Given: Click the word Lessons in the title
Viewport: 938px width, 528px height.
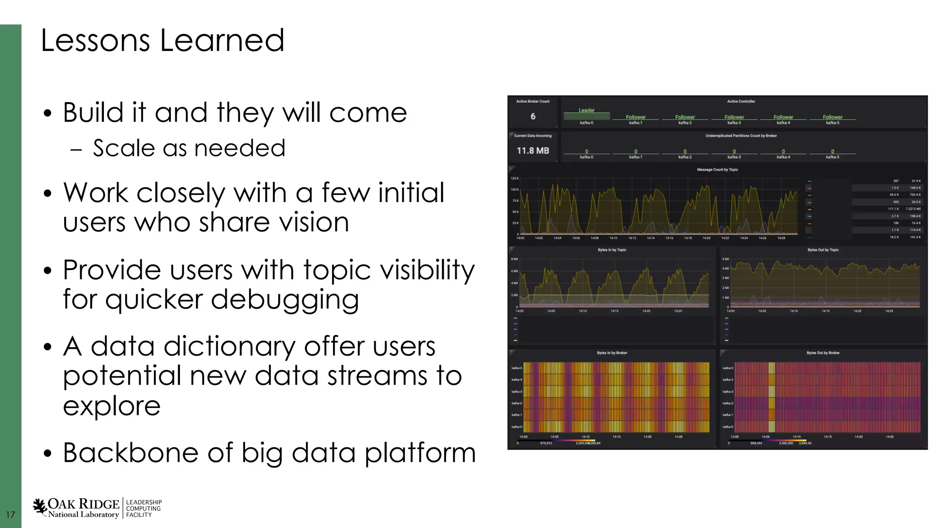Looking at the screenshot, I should [x=95, y=40].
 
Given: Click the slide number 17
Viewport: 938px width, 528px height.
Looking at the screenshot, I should [x=10, y=515].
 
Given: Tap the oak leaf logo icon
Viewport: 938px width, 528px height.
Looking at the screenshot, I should [x=40, y=507].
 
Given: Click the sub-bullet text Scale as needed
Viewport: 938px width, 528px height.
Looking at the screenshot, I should [x=189, y=148].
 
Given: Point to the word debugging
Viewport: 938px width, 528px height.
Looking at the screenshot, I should [x=284, y=300].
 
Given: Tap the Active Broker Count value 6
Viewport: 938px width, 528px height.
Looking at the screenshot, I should [x=533, y=116].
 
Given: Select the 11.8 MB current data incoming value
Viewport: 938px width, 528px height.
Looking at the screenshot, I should [x=533, y=150].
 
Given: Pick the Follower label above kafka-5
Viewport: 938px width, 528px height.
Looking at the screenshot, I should [x=832, y=117].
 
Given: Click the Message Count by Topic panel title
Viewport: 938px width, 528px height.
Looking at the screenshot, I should [x=717, y=170].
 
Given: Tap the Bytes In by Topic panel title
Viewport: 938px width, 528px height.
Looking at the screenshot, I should [x=612, y=250].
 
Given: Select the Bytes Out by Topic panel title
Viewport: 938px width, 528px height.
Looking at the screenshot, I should [x=823, y=250].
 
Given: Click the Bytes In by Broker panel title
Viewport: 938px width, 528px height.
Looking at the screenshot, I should [x=612, y=353].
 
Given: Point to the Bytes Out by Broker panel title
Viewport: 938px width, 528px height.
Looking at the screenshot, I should [x=823, y=353].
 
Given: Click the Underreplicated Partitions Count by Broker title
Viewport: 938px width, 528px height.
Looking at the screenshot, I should [x=741, y=136].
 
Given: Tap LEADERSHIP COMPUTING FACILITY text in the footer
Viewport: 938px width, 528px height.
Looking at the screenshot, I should [x=143, y=509].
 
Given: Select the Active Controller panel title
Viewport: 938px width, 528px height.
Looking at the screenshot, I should [x=741, y=101].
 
